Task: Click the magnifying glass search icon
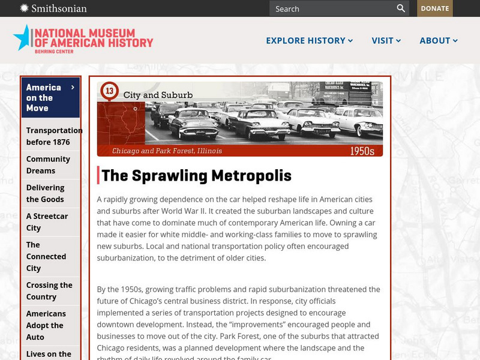401,8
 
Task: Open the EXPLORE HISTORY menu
309,41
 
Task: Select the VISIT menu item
386,41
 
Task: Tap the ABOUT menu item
439,41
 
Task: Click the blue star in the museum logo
22,37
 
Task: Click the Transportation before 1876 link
54,136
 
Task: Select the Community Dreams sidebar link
48,164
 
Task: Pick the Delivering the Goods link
45,193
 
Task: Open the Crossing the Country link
49,291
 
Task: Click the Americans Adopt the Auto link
45,325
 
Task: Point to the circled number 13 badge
109,91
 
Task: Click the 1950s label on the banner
362,151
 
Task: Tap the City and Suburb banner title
158,95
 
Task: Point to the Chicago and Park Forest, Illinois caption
167,151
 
